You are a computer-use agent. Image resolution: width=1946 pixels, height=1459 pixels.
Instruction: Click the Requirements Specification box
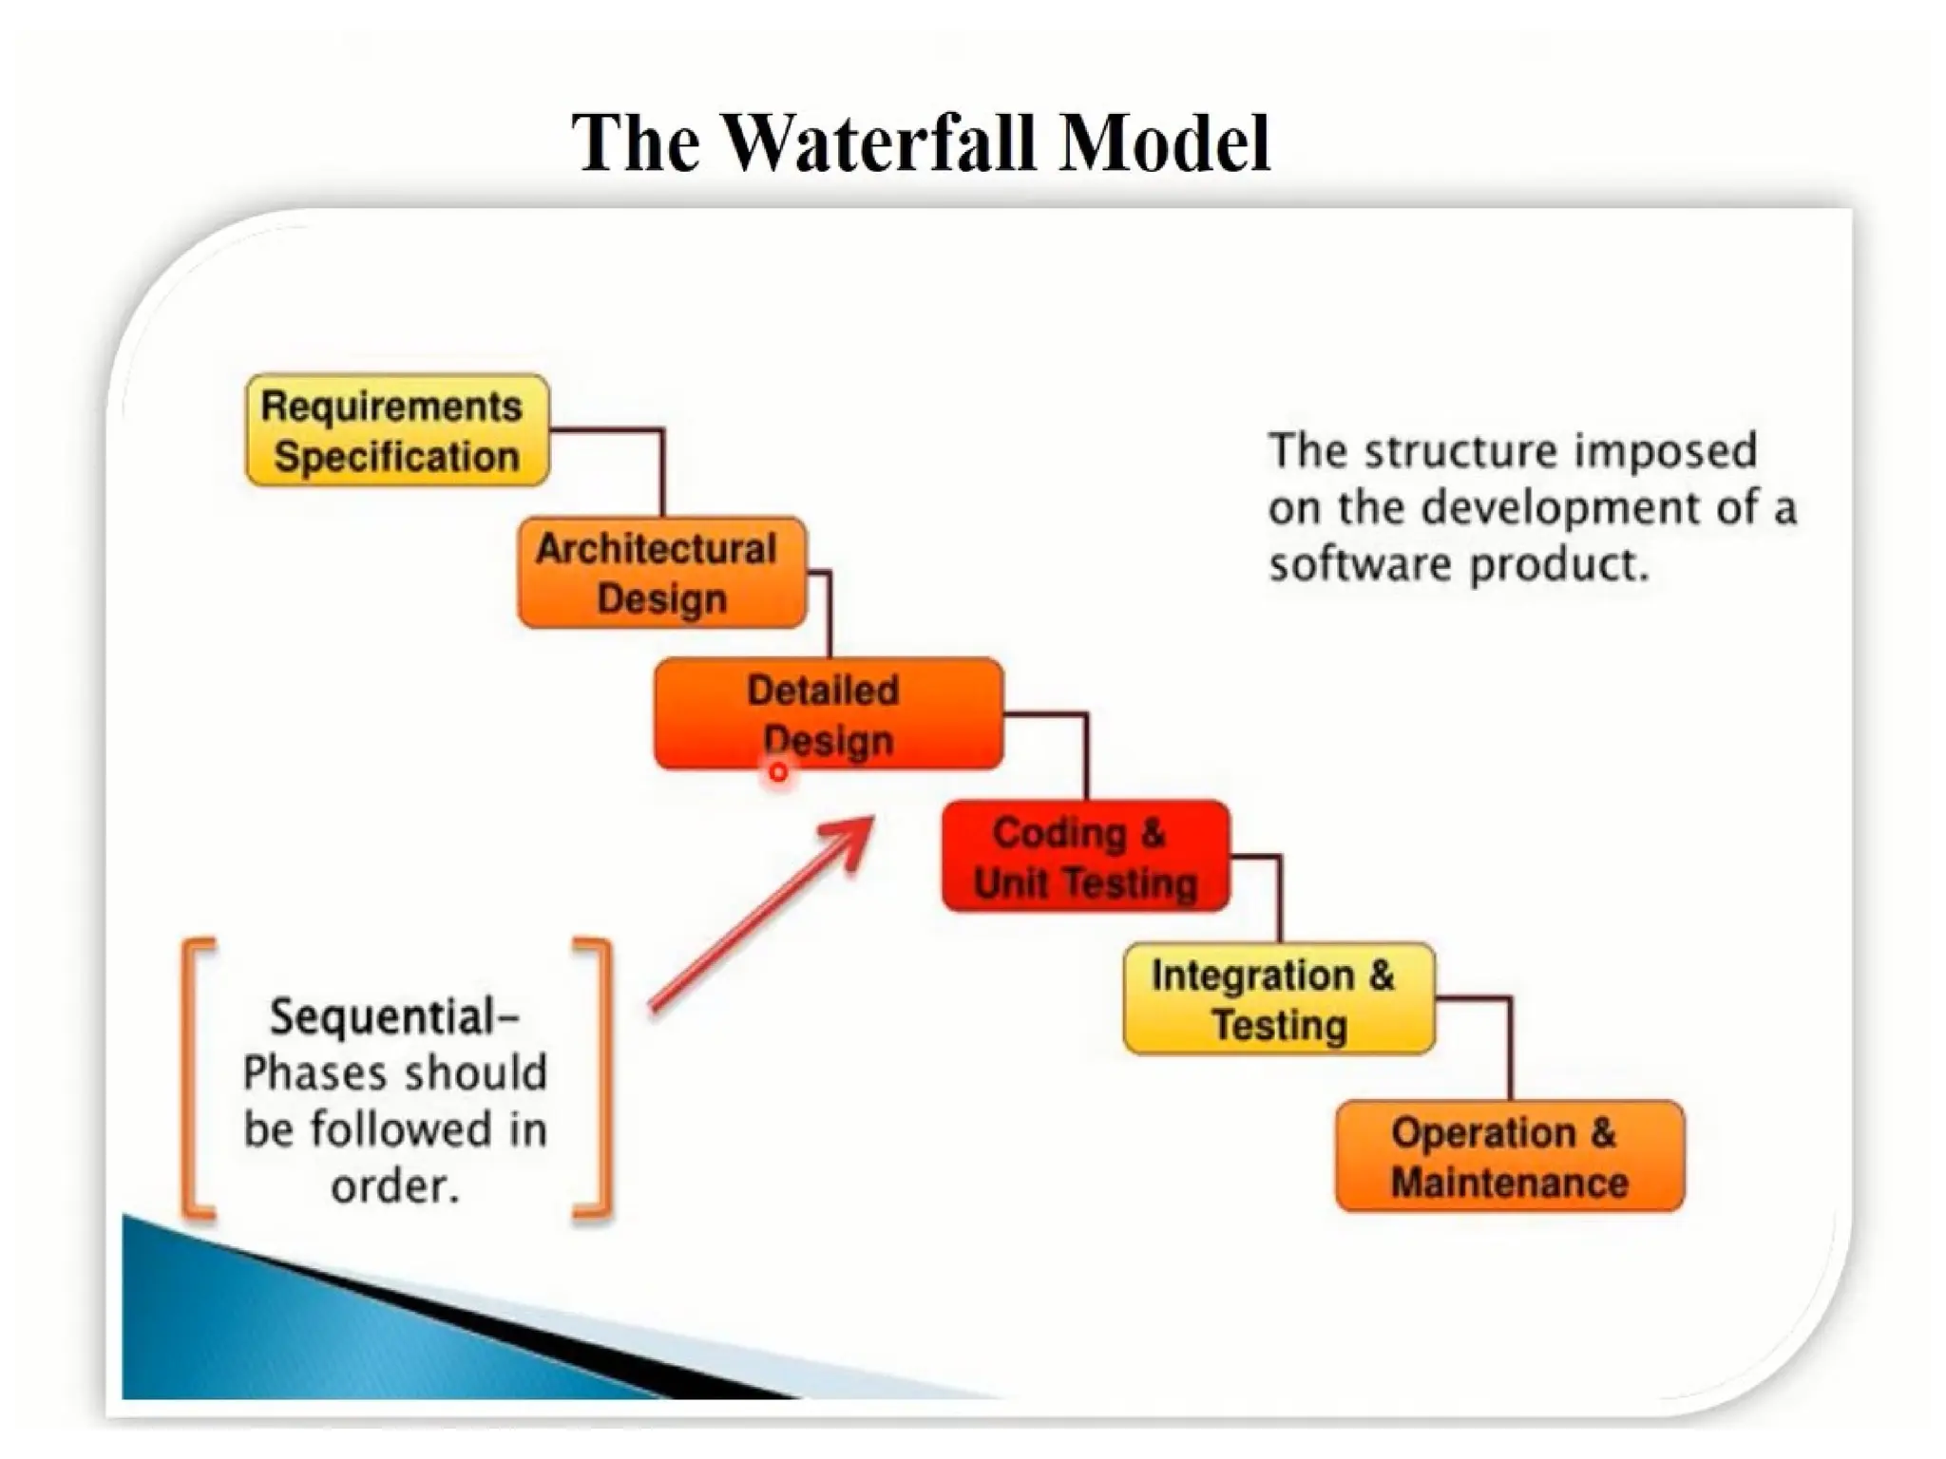[x=397, y=430]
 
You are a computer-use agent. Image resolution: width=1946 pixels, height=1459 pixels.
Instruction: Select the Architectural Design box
[x=661, y=573]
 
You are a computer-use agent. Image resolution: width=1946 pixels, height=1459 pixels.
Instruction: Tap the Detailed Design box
[x=828, y=713]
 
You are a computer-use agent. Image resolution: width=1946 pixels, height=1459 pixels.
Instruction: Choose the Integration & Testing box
[x=1278, y=999]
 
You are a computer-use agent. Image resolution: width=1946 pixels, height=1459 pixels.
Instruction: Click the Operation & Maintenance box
[x=1509, y=1156]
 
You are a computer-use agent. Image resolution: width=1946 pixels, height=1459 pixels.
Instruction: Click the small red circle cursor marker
[x=778, y=773]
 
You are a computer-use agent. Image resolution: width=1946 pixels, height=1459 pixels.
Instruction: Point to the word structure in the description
[x=1460, y=451]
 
